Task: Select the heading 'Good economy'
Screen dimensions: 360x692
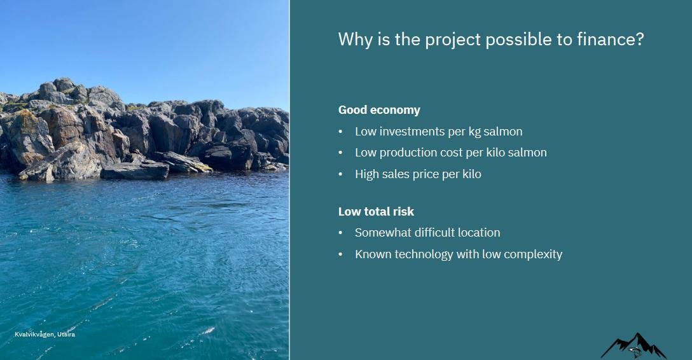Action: pyautogui.click(x=379, y=110)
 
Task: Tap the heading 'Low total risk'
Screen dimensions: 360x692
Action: pyautogui.click(x=376, y=212)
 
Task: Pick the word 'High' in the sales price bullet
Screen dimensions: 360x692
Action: pyautogui.click(x=367, y=174)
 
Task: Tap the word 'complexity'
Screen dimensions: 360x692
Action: pyautogui.click(x=532, y=254)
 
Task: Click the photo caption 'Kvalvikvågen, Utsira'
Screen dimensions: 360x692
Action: pyautogui.click(x=45, y=334)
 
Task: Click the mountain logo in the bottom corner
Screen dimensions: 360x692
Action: pyautogui.click(x=633, y=346)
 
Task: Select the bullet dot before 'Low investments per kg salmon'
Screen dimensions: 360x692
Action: pyautogui.click(x=341, y=132)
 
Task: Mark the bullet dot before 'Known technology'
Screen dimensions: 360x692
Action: pyautogui.click(x=341, y=254)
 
